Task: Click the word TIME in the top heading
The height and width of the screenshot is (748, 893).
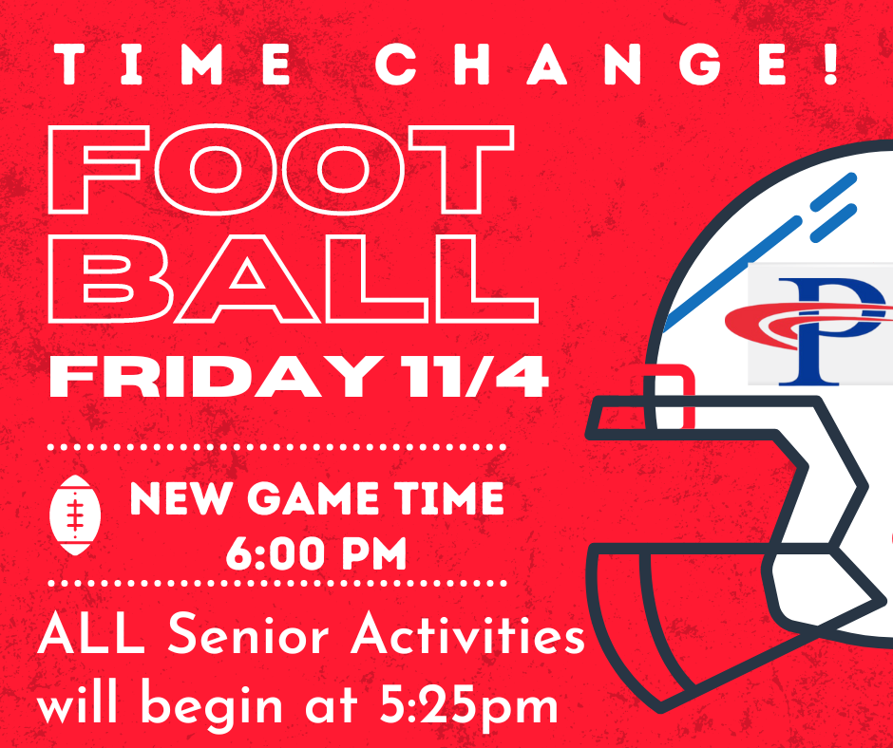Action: click(x=173, y=65)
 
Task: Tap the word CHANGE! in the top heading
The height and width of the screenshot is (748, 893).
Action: click(x=606, y=65)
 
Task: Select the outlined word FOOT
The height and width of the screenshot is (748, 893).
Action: click(x=281, y=169)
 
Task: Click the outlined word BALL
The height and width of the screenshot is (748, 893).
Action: click(x=294, y=278)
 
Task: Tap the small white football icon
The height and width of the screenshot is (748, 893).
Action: click(x=75, y=515)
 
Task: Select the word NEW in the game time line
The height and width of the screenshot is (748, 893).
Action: click(x=182, y=498)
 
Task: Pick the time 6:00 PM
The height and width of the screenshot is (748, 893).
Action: click(x=316, y=553)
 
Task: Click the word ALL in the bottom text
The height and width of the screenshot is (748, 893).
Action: click(x=90, y=632)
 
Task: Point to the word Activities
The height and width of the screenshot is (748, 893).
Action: click(x=467, y=632)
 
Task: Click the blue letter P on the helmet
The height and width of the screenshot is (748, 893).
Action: click(x=831, y=332)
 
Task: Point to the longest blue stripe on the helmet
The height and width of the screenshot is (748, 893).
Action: click(x=732, y=274)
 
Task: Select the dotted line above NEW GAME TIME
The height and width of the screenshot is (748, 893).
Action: click(x=276, y=447)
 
